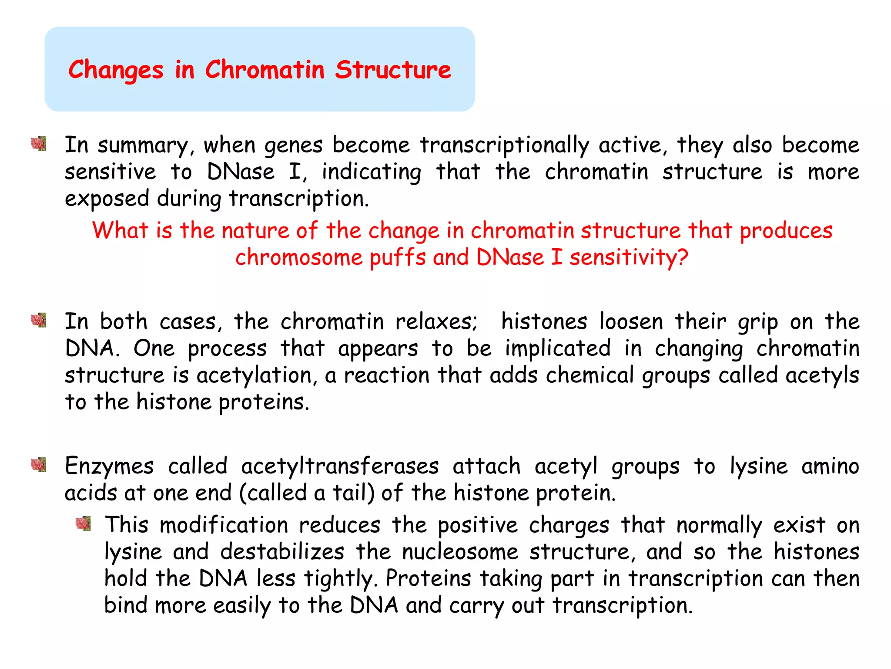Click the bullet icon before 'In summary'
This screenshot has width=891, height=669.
click(39, 143)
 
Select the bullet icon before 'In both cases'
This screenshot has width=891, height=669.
click(39, 320)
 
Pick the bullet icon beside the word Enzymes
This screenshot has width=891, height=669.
click(39, 465)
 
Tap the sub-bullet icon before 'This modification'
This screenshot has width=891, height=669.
click(83, 523)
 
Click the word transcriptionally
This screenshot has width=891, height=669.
click(504, 145)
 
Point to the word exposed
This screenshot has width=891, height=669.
click(107, 199)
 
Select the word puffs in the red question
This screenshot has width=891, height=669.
click(397, 257)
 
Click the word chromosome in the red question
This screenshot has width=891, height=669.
click(299, 257)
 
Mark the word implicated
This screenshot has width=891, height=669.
click(558, 349)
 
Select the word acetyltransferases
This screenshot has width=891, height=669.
click(340, 466)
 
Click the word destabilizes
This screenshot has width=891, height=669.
click(282, 552)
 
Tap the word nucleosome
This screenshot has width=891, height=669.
click(460, 552)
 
